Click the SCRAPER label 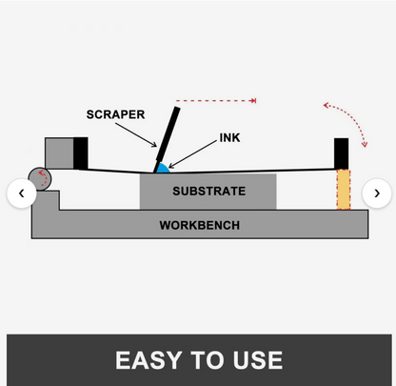pos(115,114)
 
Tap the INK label pos(229,137)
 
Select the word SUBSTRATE pos(209,191)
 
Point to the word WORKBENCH pos(200,225)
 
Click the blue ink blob pos(163,169)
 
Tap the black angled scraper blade pos(167,140)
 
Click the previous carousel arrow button pos(22,193)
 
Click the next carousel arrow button pos(377,193)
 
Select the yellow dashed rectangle pos(344,190)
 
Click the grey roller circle pos(40,179)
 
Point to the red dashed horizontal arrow pos(216,101)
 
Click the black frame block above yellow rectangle pos(342,153)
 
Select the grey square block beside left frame pos(59,153)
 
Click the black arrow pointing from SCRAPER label pos(136,134)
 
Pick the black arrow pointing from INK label pos(192,154)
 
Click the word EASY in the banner pos(149,360)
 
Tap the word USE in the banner pos(257,360)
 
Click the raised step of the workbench pos(46,200)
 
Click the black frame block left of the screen pos(81,153)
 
